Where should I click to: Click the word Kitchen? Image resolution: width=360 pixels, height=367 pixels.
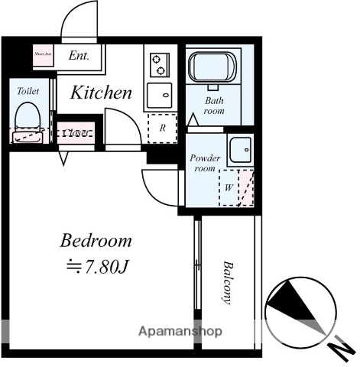point(102,93)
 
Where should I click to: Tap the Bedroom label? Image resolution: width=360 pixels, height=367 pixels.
point(96,242)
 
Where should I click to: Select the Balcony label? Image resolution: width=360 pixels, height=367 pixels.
point(228,283)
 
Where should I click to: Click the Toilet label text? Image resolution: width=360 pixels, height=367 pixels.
point(28,90)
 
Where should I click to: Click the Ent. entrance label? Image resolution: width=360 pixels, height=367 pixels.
point(79,56)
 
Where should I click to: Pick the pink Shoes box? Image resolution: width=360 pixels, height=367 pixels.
point(42,56)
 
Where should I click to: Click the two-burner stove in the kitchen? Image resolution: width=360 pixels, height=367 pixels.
point(159,64)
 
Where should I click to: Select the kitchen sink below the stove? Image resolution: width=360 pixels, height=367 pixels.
point(160,96)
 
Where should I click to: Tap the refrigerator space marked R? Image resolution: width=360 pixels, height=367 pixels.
point(162,128)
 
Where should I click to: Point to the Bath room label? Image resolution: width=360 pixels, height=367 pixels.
point(214,105)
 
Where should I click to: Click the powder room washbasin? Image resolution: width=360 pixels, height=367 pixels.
point(241,148)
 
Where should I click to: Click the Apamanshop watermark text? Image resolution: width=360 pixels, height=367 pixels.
point(180,332)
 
